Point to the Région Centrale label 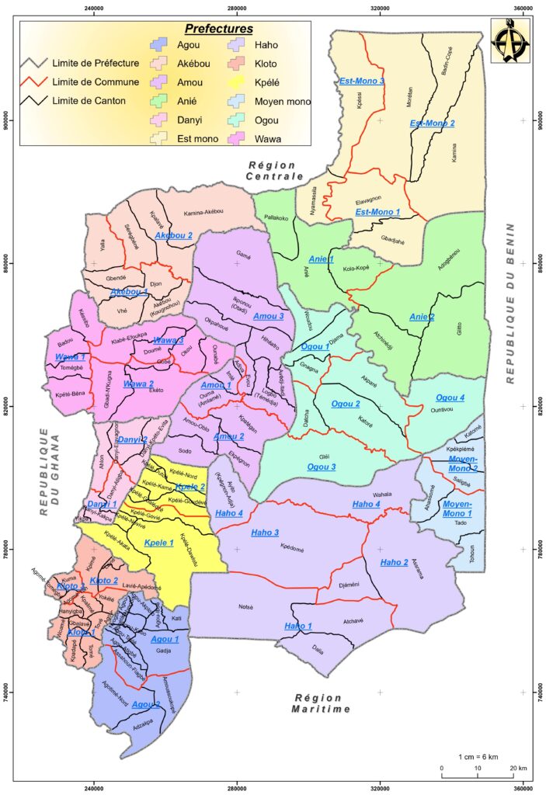(274, 170)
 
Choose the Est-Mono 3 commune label (362, 81)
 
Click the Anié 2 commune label (422, 317)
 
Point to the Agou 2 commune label (146, 704)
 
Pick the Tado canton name (461, 522)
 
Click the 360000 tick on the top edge (523, 9)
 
